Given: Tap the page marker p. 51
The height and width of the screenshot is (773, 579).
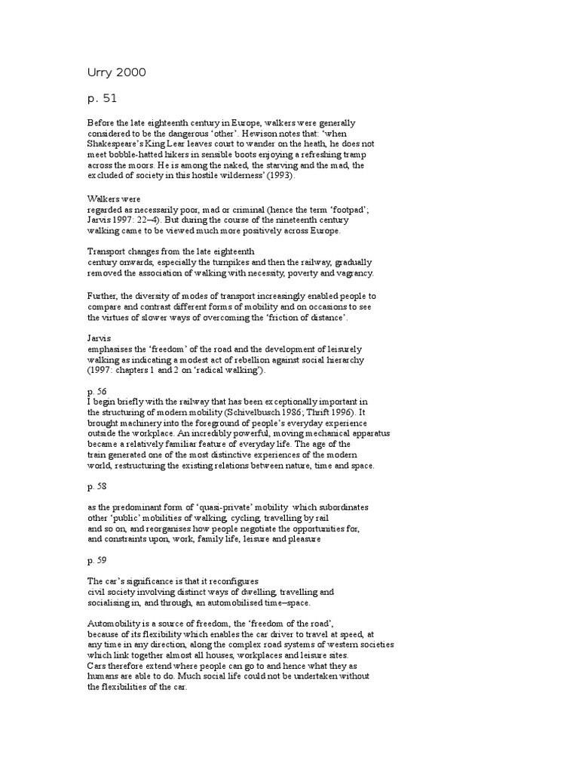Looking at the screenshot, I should pos(103,97).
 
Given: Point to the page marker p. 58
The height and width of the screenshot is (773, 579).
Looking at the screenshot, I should pos(97,488).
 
